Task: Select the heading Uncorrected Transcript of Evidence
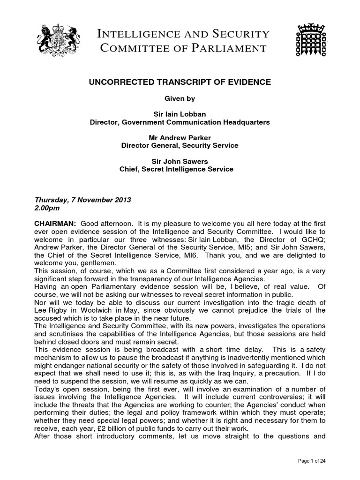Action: [180, 82]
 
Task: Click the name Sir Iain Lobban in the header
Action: [180, 114]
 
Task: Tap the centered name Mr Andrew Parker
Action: [180, 138]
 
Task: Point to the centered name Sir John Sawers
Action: [180, 161]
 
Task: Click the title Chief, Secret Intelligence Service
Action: [180, 169]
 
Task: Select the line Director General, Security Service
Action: [180, 146]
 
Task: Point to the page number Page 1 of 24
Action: [312, 461]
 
